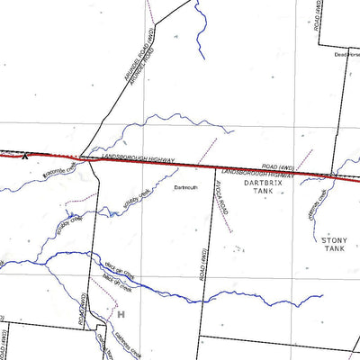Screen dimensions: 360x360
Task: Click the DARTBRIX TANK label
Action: pyautogui.click(x=262, y=186)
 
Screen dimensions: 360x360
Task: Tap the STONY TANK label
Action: pyautogui.click(x=333, y=245)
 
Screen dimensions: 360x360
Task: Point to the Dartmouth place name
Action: pyautogui.click(x=184, y=187)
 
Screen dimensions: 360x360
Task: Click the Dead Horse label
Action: pyautogui.click(x=346, y=55)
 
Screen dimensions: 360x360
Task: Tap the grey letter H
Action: pyautogui.click(x=120, y=314)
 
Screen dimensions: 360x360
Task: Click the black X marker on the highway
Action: pyautogui.click(x=24, y=157)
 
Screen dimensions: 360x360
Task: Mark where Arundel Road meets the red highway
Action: pyautogui.click(x=81, y=158)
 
